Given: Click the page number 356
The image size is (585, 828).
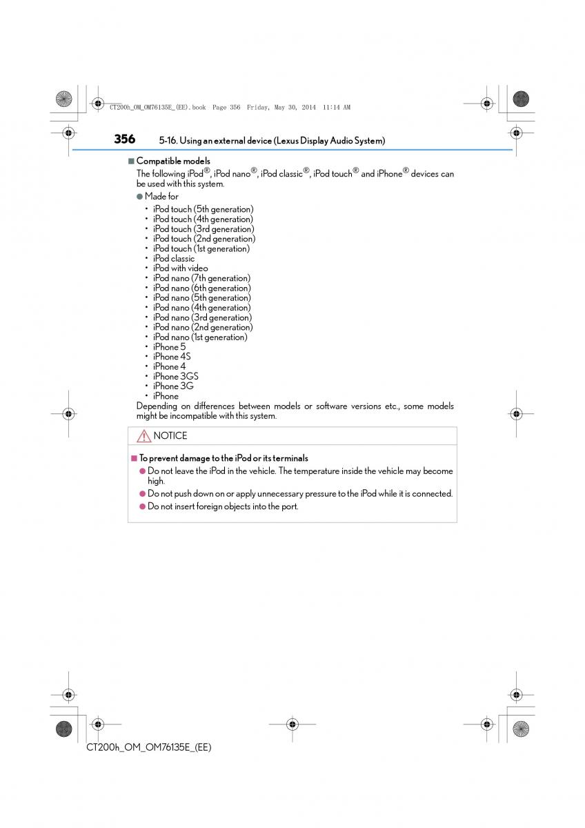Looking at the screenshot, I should [x=125, y=139].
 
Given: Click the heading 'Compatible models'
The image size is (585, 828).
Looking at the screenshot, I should [x=173, y=161].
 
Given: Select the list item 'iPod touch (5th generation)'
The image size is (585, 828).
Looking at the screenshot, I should [x=203, y=209].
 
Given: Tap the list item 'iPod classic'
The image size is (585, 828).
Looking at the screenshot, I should [x=174, y=259].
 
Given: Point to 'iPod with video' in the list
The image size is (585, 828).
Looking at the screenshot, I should [x=180, y=268].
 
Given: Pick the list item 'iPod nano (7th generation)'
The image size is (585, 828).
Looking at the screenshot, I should [x=201, y=278].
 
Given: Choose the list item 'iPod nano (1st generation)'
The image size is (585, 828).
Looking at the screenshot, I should [x=200, y=337].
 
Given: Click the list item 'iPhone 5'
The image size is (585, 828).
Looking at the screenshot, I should [x=169, y=347].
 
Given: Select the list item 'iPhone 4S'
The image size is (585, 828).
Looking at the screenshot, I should [x=172, y=357].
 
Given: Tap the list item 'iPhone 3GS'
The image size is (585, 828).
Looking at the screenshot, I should [x=175, y=377].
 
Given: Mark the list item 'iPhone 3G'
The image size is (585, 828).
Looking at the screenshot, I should [x=173, y=386].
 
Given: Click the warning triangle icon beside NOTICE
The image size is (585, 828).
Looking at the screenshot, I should [x=143, y=436].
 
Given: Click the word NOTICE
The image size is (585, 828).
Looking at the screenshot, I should [x=170, y=436].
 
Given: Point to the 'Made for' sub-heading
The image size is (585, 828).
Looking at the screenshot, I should [x=161, y=197].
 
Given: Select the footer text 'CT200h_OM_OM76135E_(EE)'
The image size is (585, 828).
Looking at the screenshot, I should [x=149, y=747].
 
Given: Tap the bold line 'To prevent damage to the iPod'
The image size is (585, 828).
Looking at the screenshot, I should [x=224, y=458].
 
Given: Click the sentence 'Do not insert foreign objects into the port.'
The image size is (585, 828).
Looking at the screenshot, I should [x=223, y=506].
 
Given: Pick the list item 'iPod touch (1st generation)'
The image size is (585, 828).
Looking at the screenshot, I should [x=201, y=248].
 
